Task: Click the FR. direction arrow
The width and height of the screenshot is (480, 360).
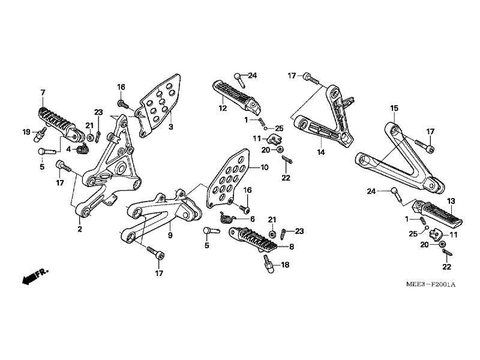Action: tap(34, 277)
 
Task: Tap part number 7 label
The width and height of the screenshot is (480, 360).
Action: tap(43, 92)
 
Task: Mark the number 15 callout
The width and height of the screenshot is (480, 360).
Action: tap(394, 109)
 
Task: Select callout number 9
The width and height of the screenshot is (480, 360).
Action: tap(170, 236)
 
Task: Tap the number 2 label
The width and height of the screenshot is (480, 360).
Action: tap(79, 229)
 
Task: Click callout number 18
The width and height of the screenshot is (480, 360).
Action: tap(285, 264)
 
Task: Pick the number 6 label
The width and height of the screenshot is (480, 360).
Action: tap(253, 219)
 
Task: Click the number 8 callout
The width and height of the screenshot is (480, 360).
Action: tap(292, 246)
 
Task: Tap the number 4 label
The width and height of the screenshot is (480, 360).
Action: tap(68, 149)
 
